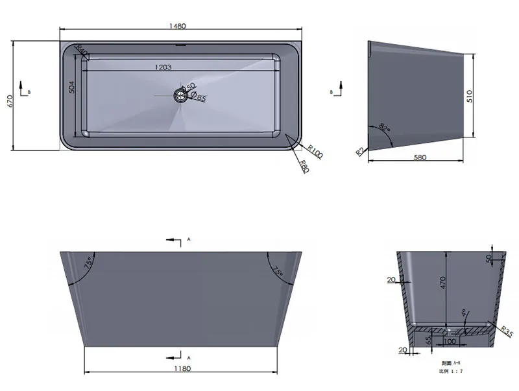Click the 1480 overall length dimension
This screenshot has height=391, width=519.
pos(178,27)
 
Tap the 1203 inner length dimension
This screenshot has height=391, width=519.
pos(163,67)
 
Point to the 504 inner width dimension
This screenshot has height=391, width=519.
pos(73,87)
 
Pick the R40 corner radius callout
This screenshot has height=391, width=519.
pos(82,51)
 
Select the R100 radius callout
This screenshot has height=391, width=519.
pos(315,152)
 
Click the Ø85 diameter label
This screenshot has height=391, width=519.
pos(200,99)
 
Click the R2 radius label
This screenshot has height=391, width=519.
pos(359,151)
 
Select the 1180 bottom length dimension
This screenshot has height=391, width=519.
pos(182,369)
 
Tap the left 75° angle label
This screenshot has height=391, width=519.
pos(88,264)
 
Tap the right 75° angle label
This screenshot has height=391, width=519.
pos(278,272)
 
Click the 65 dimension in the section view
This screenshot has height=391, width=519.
pos(429,339)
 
